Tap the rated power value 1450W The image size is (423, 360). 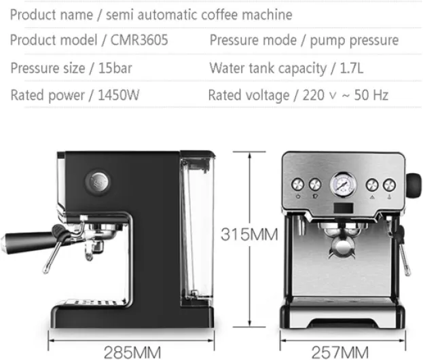click(x=119, y=95)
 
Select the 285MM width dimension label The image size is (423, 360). click(x=133, y=351)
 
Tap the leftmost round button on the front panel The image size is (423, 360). click(x=297, y=185)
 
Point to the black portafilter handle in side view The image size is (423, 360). click(x=27, y=239)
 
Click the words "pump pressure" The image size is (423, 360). click(x=354, y=41)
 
